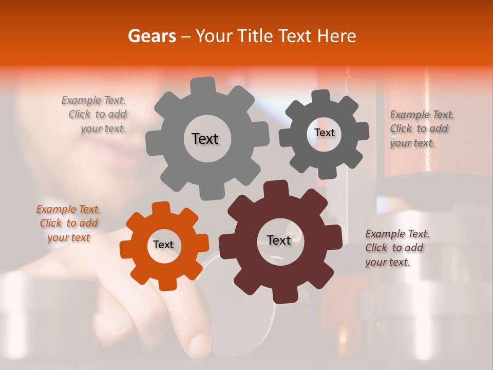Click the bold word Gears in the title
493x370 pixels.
151,36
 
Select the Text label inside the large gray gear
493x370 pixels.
205,139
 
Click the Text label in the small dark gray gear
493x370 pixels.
324,133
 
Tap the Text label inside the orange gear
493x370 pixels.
163,245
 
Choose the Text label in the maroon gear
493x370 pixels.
279,240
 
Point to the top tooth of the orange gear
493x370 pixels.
161,209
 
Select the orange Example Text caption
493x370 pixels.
68,224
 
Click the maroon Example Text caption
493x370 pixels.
396,248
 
